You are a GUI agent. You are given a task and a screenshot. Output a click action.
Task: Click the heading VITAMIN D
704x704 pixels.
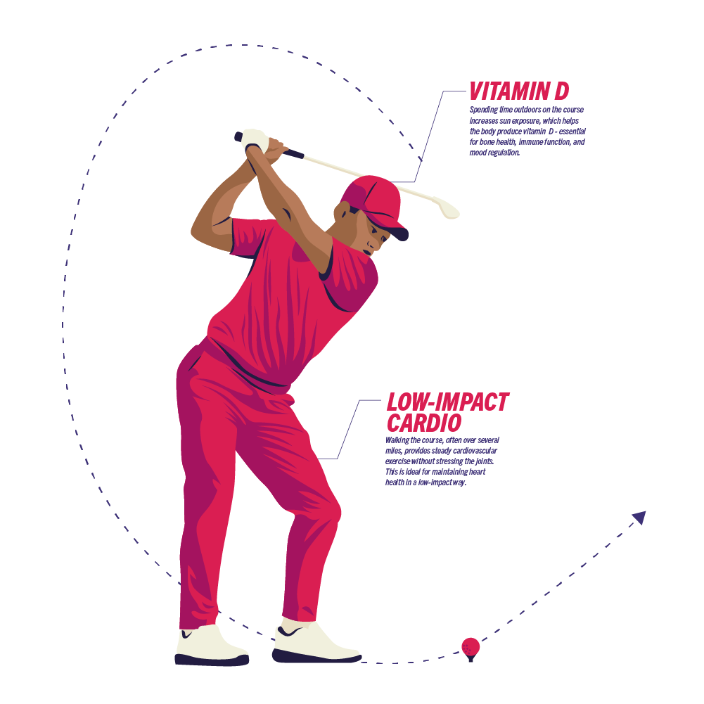(x=519, y=91)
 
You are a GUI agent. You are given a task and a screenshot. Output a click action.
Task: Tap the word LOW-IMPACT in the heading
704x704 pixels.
(x=447, y=402)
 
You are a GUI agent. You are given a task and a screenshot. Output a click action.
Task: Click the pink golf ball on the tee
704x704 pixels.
(x=471, y=645)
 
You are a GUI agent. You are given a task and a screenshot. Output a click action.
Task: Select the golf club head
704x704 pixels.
(x=447, y=208)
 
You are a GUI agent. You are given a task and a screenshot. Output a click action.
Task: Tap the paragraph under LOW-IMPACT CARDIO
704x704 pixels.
(x=442, y=461)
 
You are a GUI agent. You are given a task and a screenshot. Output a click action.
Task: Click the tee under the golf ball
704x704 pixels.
(x=471, y=658)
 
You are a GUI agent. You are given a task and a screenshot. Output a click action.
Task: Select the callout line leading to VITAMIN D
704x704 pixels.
(x=430, y=134)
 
